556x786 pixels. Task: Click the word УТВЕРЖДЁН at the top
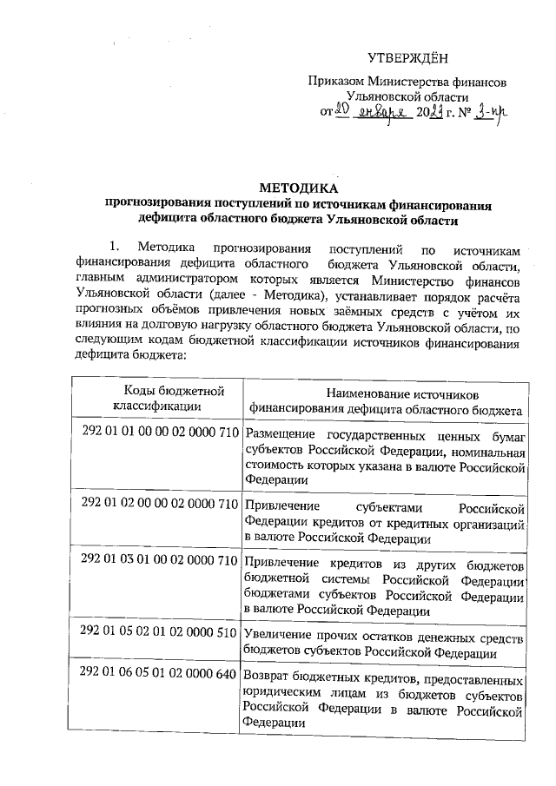coord(406,58)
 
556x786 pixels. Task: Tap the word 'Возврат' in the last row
coord(269,675)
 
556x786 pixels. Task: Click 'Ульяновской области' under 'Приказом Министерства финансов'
coord(407,96)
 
